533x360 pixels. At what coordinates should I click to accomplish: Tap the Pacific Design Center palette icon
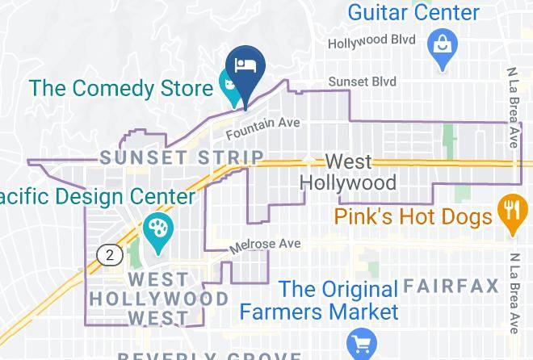[156, 228]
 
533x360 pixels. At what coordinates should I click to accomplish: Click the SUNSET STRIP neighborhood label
[183, 157]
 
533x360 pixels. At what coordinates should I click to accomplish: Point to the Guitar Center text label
[413, 12]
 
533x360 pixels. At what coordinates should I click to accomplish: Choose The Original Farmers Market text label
[338, 299]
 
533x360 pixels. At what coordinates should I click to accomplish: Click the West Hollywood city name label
[348, 171]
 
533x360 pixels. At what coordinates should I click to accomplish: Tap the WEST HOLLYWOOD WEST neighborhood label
[157, 299]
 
